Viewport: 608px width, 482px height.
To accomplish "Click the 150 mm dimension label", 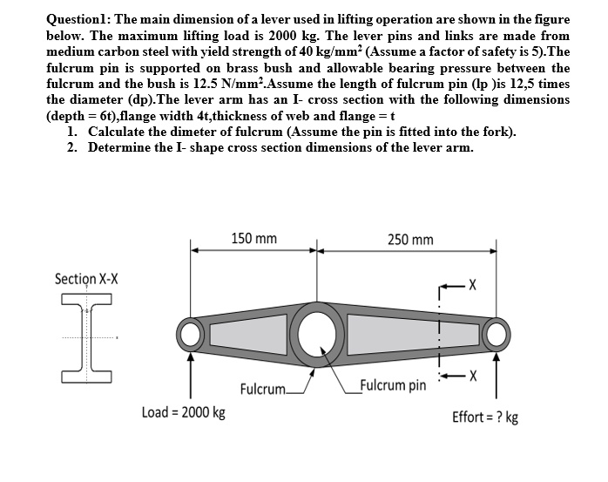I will pos(254,238).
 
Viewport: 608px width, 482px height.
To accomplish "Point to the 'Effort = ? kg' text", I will pos(485,417).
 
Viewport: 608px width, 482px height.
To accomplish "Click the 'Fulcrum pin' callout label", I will pos(393,384).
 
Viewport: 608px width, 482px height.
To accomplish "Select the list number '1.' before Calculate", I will pos(71,132).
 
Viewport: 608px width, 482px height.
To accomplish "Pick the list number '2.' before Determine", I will pos(71,146).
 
